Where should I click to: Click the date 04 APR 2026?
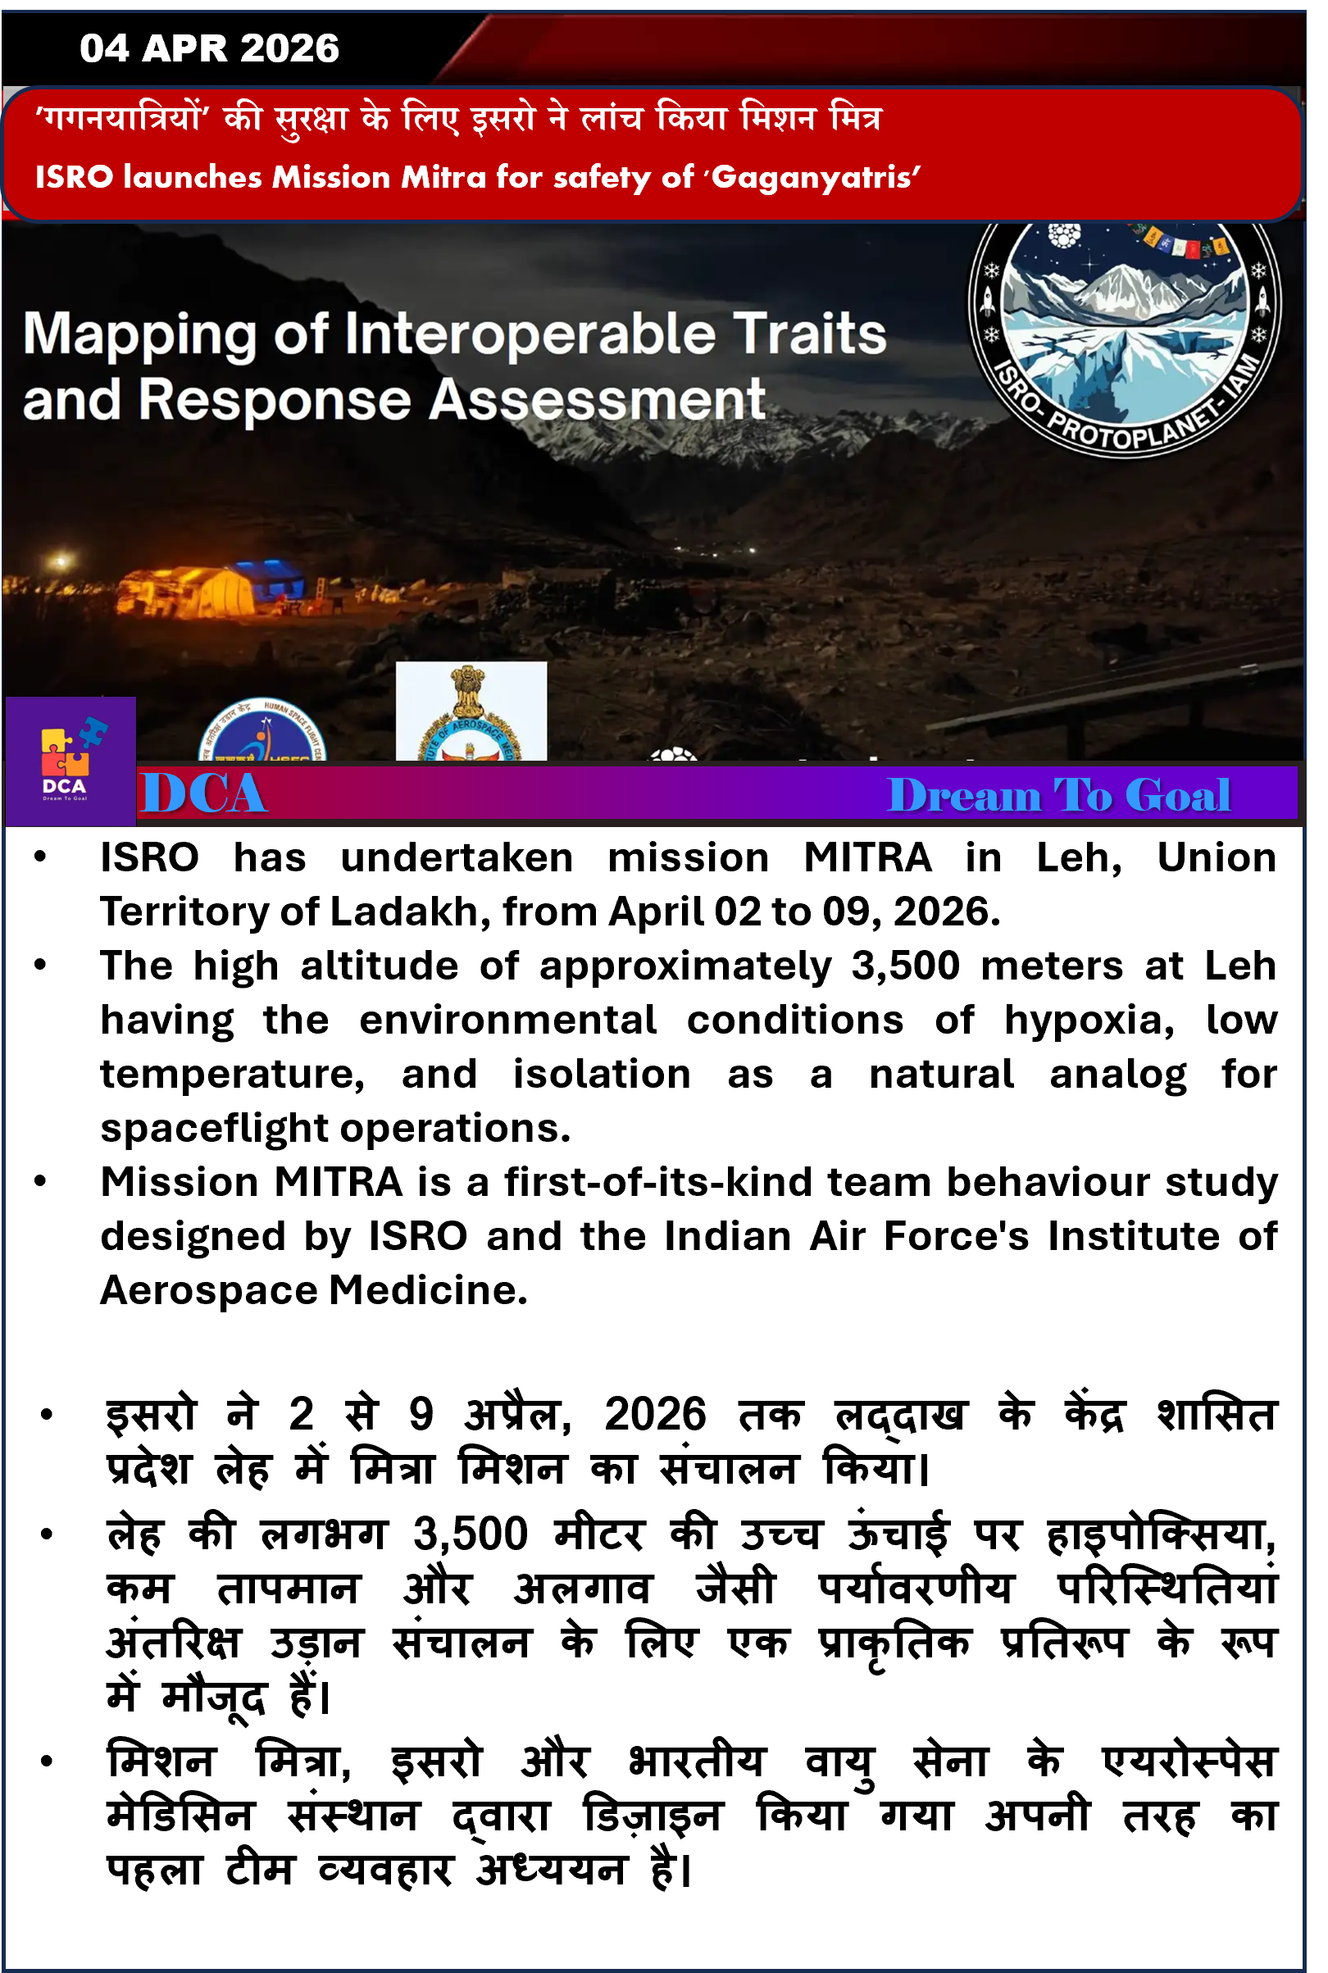coord(209,48)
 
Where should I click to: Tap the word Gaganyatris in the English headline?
coord(815,178)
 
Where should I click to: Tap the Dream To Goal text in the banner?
coord(1058,796)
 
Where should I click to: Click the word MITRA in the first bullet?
coord(867,857)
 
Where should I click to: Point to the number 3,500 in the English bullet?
coord(905,966)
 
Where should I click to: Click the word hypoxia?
coord(1089,1021)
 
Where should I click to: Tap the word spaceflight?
coord(212,1128)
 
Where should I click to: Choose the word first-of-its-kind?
coord(658,1182)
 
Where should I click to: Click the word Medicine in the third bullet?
coord(428,1290)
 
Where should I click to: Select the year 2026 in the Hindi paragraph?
coord(655,1414)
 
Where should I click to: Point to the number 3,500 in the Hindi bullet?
coord(471,1534)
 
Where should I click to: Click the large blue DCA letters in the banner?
coord(203,795)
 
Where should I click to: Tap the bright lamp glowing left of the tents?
coord(60,561)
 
